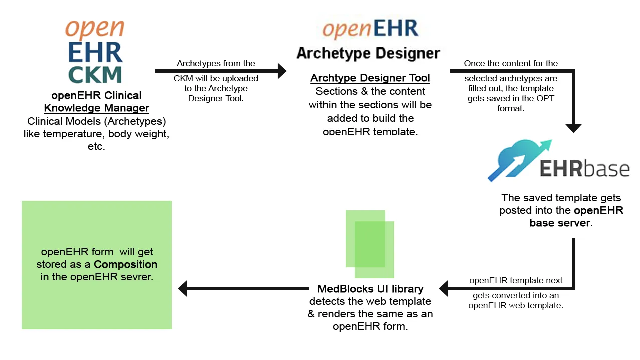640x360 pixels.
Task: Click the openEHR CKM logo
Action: coord(95,52)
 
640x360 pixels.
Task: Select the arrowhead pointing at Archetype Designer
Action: coord(282,71)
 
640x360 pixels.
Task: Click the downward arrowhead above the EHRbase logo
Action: coord(573,128)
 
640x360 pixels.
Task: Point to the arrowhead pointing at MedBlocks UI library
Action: coord(444,288)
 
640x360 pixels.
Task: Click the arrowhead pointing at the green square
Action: coord(183,288)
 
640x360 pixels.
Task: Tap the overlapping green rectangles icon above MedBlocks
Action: coord(370,244)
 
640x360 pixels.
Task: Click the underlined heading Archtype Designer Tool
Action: coord(370,78)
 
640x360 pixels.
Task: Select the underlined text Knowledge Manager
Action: coord(97,108)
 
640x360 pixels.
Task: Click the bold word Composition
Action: coord(125,264)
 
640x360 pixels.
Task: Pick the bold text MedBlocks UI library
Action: coord(370,289)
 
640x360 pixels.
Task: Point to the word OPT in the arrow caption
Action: coord(545,99)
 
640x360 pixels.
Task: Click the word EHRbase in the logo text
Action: coord(584,169)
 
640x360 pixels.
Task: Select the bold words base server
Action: coord(560,223)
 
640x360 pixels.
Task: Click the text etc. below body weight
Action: coord(96,147)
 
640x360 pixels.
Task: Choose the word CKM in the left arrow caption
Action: coord(183,79)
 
